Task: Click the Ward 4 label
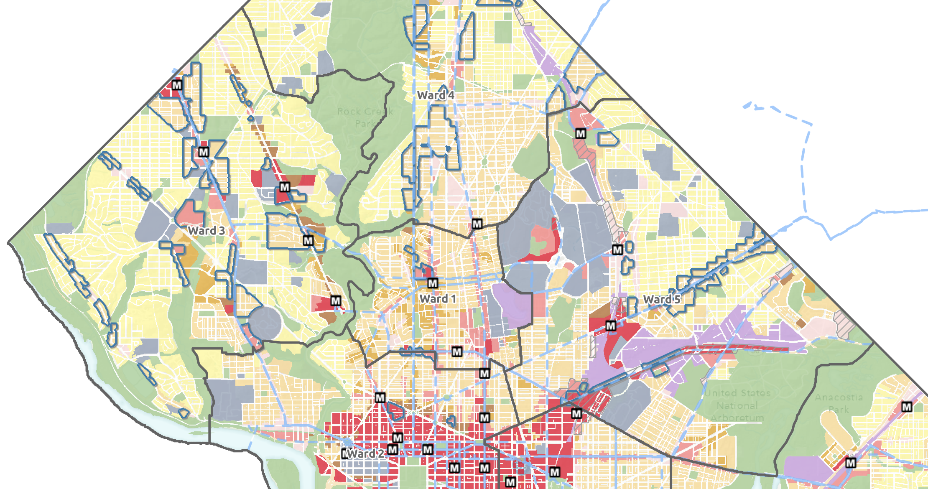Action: (436, 95)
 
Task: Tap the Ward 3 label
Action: (206, 231)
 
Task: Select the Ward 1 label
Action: (438, 299)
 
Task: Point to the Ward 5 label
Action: (662, 299)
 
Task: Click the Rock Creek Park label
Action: (365, 117)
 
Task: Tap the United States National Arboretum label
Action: (737, 405)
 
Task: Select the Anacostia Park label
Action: (839, 403)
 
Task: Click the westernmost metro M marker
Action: (177, 85)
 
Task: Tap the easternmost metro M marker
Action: (907, 407)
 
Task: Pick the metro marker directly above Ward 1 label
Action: (433, 283)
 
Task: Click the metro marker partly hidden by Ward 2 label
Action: (345, 453)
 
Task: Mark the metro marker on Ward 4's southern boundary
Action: (477, 224)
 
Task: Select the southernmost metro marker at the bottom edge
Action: (510, 482)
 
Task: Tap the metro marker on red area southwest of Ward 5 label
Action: (611, 326)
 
